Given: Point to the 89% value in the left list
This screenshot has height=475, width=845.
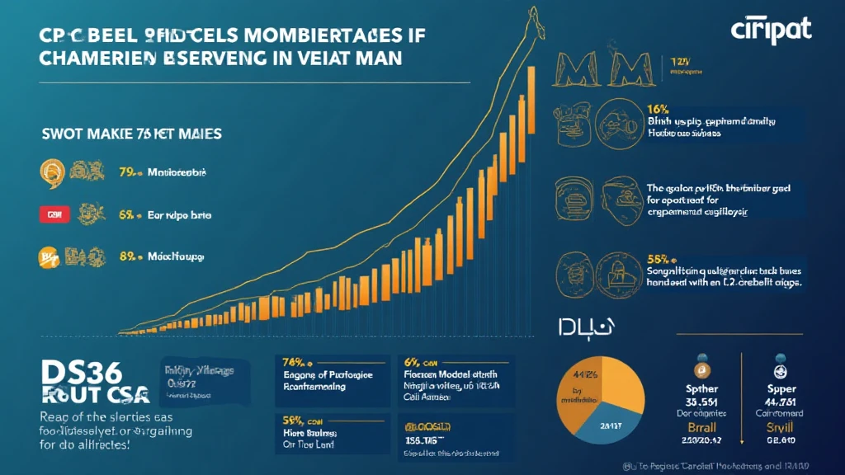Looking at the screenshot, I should click(128, 256).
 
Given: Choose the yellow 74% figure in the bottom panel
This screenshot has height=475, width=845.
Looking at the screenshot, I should click(295, 361).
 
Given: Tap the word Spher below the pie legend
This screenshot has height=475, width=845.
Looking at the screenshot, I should click(701, 387).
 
